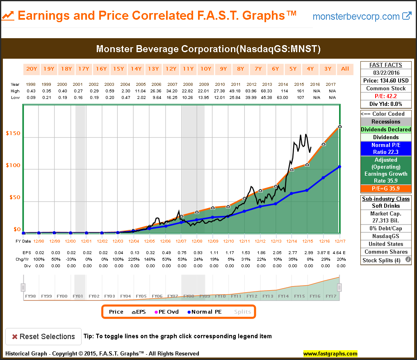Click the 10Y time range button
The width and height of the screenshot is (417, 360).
(206, 69)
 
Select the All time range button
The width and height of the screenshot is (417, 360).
(345, 69)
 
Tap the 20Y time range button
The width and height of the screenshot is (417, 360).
(31, 69)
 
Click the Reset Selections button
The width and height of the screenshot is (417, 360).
(43, 337)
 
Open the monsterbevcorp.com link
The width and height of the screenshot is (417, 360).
(362, 16)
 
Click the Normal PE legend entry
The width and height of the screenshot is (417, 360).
(204, 312)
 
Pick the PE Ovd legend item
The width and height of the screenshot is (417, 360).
(166, 312)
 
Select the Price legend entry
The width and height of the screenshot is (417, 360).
(116, 312)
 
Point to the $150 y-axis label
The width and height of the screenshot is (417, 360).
(14, 133)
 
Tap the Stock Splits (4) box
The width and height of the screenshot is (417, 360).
(382, 260)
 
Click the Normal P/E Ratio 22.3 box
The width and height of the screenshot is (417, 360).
(385, 149)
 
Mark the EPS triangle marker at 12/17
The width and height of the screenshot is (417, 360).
(340, 126)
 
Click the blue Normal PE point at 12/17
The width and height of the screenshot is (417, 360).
(340, 167)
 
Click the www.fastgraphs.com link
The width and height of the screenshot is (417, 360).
(330, 353)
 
